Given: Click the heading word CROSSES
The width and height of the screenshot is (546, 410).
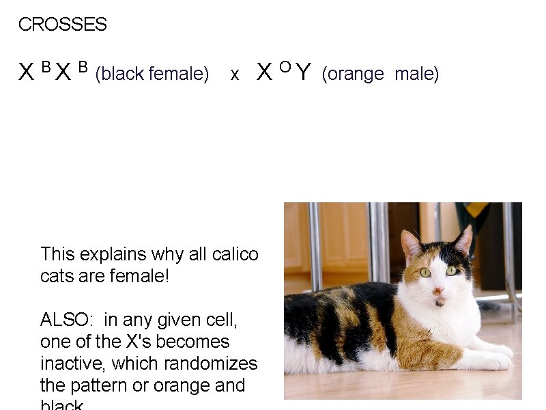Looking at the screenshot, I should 62,25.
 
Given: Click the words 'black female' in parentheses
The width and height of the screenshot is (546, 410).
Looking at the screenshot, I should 152,74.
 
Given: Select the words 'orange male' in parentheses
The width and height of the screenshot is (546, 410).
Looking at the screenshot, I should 380,74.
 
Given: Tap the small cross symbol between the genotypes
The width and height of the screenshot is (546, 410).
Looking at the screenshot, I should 235,75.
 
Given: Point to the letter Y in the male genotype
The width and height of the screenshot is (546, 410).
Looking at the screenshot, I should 304,72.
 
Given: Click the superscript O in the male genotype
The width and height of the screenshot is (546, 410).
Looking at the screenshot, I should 285,66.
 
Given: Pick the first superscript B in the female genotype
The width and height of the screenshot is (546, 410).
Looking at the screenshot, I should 46,66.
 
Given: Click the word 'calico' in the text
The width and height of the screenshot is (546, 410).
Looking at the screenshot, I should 235,254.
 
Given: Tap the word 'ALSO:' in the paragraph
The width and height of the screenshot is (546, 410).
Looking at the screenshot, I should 68,320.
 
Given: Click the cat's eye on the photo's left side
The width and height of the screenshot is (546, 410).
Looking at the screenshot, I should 425,272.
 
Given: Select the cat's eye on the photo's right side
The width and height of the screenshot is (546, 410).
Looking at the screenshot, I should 450,271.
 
